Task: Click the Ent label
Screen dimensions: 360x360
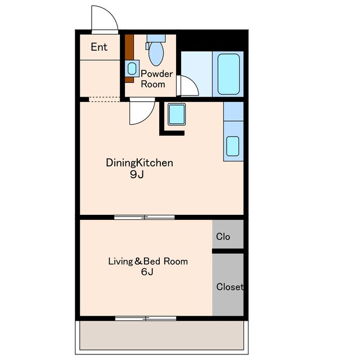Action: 99,47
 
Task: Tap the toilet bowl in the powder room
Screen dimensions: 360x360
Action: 156,53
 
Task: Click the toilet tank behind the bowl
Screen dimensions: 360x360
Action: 156,38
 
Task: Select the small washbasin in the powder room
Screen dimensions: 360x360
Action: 132,69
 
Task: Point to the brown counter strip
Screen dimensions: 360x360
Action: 129,58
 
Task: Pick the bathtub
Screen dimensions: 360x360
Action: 228,74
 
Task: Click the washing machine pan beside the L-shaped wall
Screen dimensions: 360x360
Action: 177,114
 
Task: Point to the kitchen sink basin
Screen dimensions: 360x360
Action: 232,146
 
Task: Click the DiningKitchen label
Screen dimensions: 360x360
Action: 139,163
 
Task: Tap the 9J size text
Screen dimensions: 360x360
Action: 137,174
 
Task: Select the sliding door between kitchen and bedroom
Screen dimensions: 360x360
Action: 145,217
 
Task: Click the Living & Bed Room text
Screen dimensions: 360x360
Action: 148,261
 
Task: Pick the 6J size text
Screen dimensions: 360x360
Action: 147,272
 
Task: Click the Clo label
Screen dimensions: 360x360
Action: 223,236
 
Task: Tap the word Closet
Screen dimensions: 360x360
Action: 230,287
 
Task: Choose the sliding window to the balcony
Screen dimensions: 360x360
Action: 146,318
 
